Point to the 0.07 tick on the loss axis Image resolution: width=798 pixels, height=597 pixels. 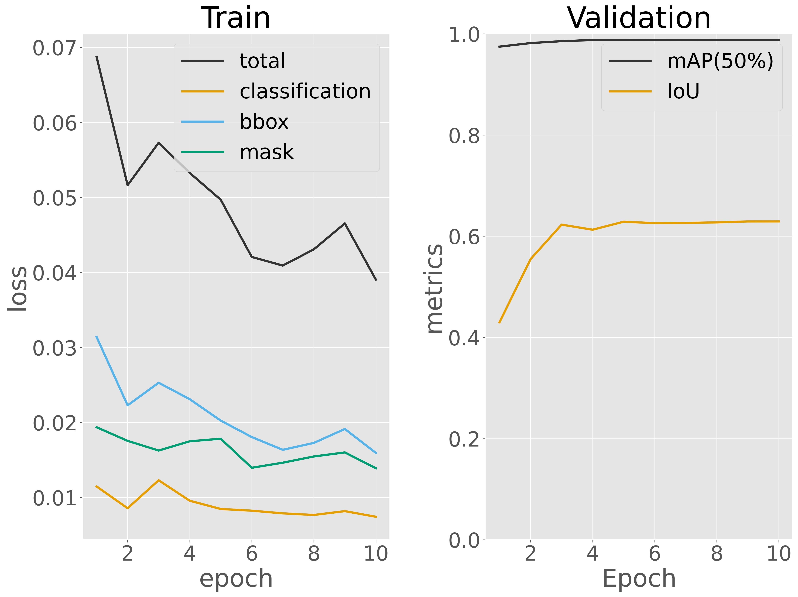(55, 48)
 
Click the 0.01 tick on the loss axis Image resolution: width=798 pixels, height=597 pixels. (55, 498)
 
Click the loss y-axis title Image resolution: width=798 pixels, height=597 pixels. (17, 289)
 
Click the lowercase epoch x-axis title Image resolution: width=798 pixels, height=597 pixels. (236, 578)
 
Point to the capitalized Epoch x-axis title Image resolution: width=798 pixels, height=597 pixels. (639, 578)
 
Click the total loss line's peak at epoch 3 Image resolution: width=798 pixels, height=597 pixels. (159, 142)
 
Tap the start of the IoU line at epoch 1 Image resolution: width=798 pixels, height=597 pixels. (499, 322)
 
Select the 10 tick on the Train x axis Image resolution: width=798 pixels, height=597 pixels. (376, 554)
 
